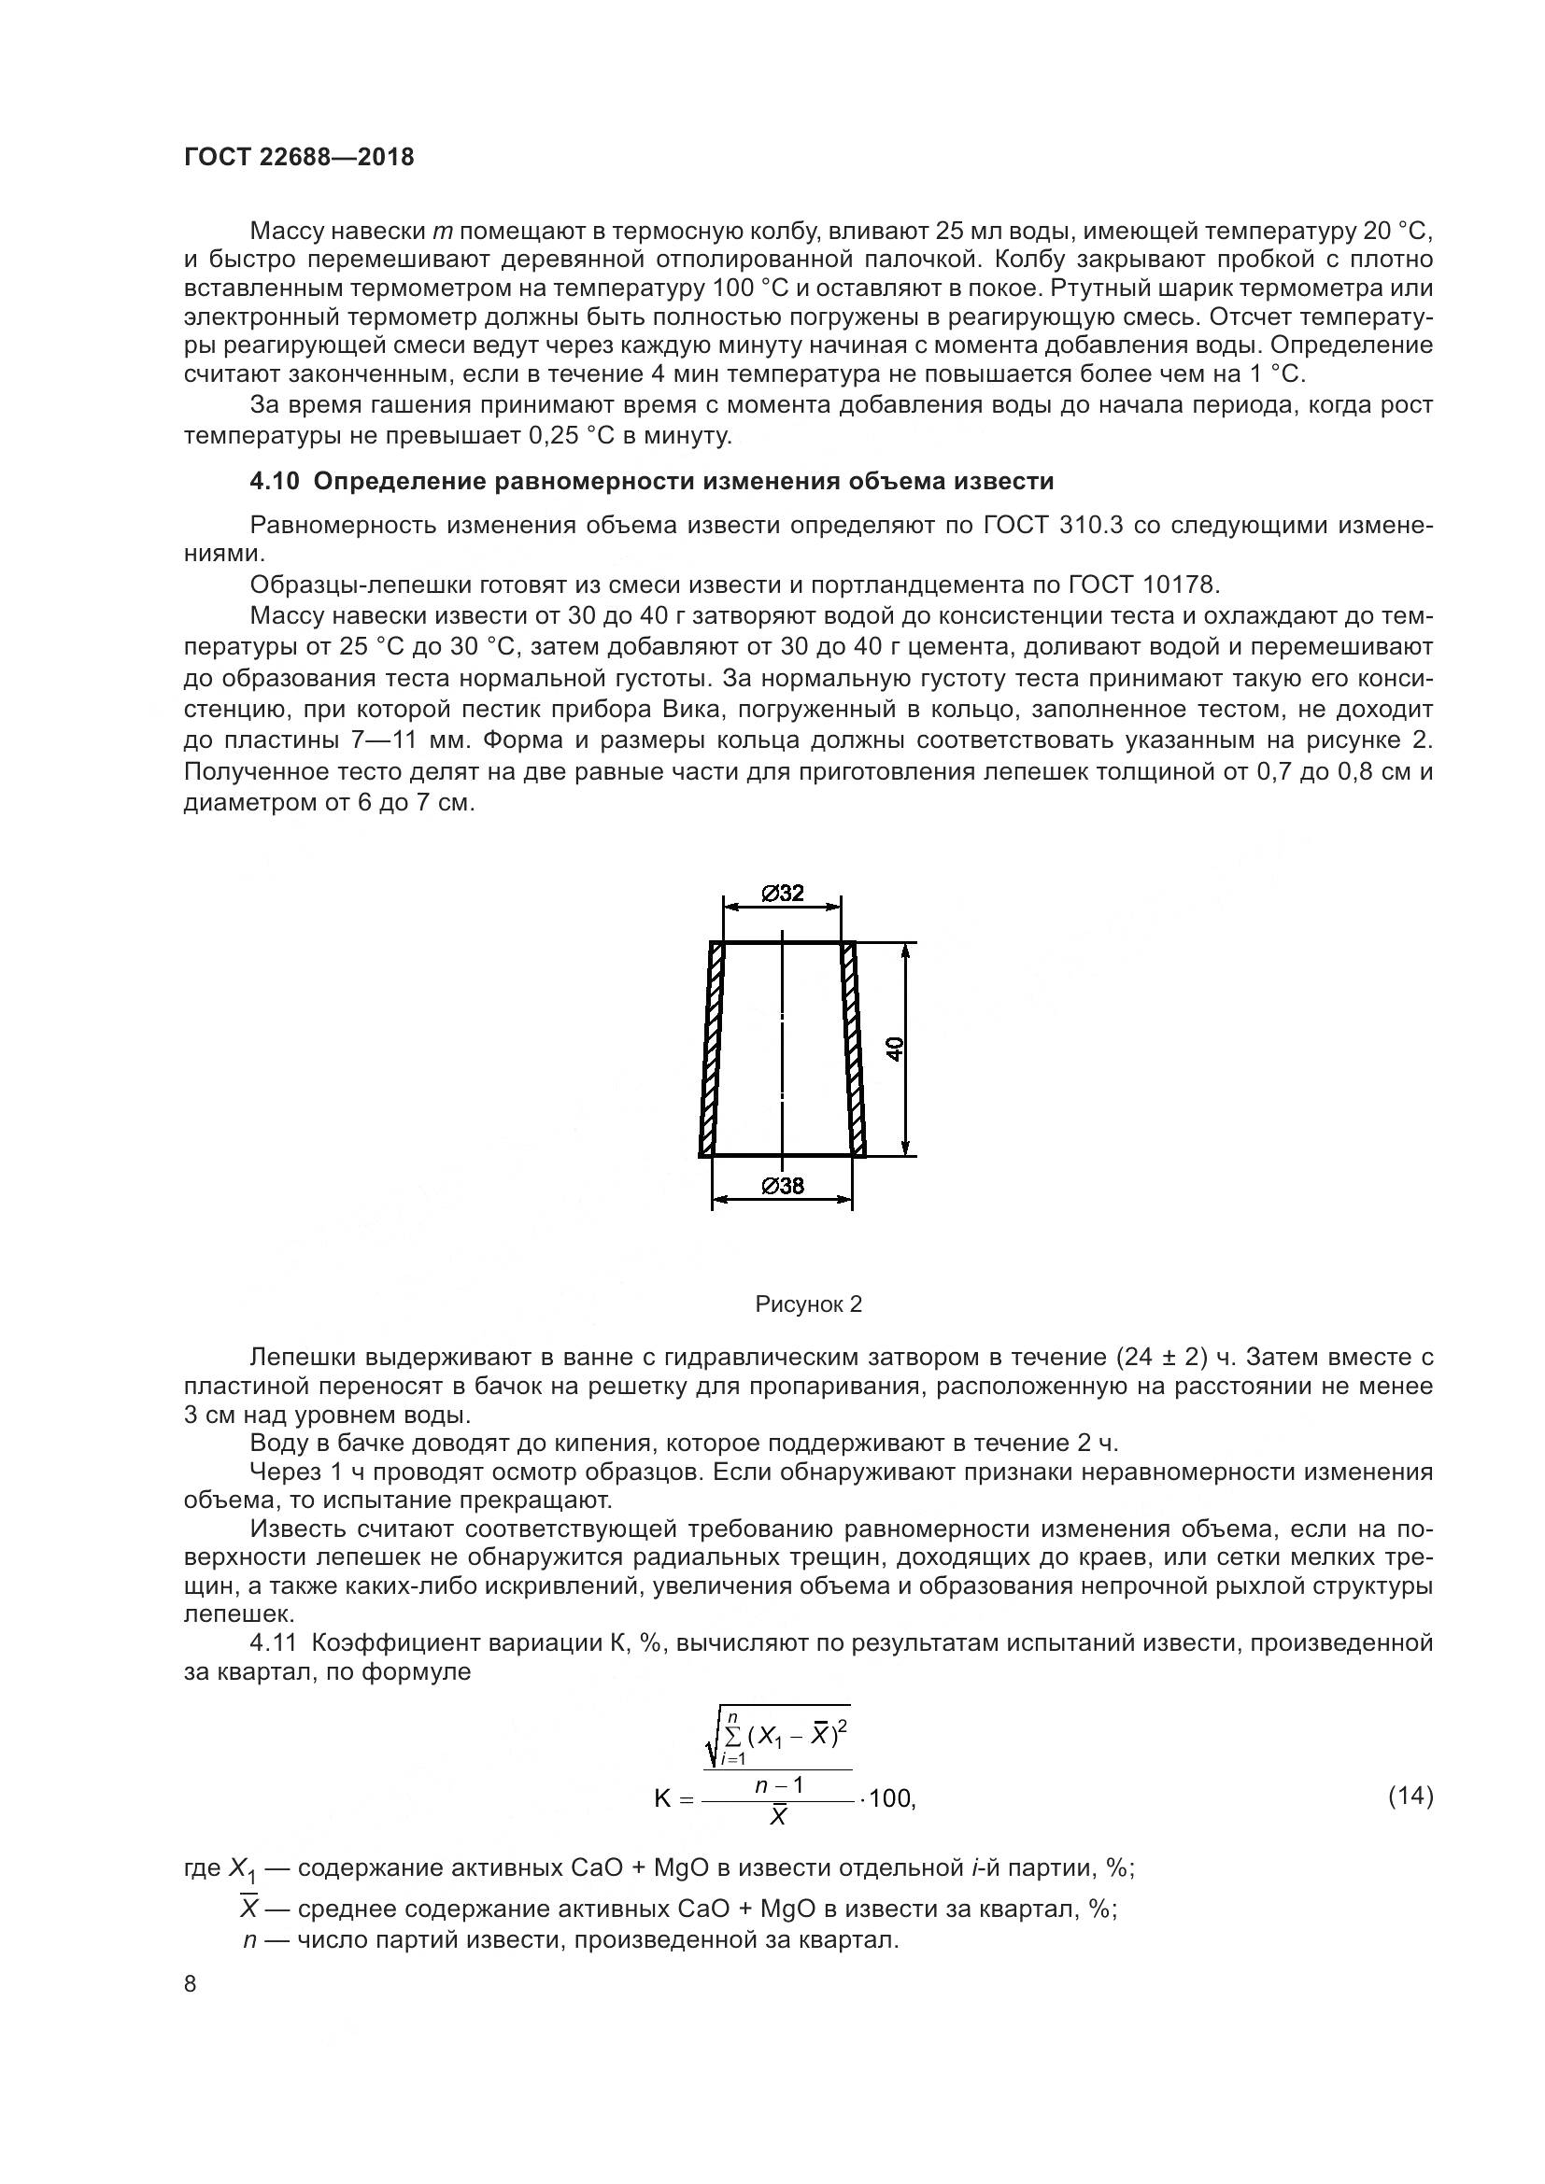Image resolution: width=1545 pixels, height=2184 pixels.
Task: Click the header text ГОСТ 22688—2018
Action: (x=299, y=158)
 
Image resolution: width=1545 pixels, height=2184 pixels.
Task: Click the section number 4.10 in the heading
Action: (x=274, y=482)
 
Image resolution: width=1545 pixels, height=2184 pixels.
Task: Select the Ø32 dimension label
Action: (x=782, y=894)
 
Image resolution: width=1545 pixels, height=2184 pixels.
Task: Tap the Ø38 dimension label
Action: (x=782, y=1186)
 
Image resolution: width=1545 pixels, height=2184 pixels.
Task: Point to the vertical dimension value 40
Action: (x=895, y=1050)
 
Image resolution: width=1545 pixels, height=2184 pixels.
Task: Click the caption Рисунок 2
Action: (x=808, y=1304)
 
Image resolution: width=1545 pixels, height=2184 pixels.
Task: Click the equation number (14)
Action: (x=1410, y=1796)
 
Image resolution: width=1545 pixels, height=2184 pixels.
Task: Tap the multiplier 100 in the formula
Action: (x=890, y=1798)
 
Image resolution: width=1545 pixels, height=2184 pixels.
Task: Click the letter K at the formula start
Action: (x=663, y=1798)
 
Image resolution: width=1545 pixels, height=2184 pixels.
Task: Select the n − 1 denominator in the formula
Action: (x=778, y=1785)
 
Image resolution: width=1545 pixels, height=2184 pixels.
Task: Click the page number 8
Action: (x=191, y=1984)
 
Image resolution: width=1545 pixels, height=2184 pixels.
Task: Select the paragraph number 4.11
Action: (x=274, y=1642)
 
